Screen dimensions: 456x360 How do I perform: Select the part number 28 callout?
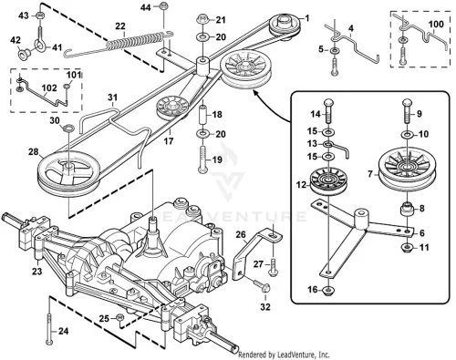pos(33,151)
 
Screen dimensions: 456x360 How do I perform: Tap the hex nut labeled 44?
pos(164,5)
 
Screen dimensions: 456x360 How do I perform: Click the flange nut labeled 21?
pos(202,19)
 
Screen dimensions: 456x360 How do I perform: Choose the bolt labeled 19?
pos(202,159)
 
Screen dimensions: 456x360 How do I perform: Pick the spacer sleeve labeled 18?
pos(202,114)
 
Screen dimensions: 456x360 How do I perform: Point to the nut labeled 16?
pos(328,291)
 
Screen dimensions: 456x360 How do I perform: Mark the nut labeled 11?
pos(407,248)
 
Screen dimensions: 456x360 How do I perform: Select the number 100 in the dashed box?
pos(436,24)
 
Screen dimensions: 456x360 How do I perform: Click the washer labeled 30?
pos(68,128)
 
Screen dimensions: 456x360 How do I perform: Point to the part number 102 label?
pos(49,88)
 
